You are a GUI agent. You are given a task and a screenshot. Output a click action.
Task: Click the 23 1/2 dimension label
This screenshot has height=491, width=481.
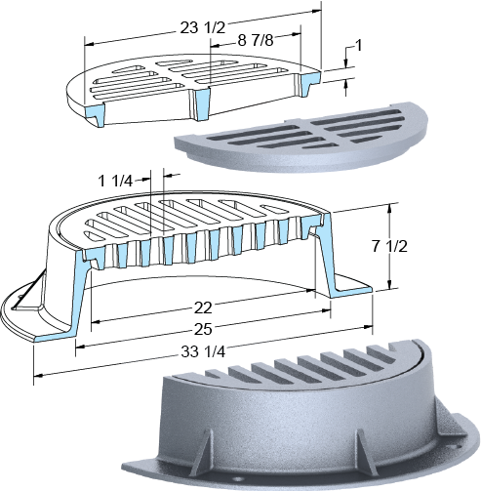pyautogui.click(x=203, y=28)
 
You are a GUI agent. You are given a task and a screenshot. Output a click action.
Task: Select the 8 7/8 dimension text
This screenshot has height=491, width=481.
pyautogui.click(x=256, y=41)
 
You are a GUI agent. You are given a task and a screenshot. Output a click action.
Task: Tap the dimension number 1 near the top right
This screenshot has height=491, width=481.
pyautogui.click(x=358, y=46)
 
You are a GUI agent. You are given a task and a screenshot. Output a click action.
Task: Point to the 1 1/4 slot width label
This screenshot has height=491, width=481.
pyautogui.click(x=115, y=181)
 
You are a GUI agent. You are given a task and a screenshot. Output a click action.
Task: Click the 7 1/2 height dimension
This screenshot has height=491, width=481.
pyautogui.click(x=389, y=246)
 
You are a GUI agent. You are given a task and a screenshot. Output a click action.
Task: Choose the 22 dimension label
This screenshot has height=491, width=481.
pyautogui.click(x=203, y=307)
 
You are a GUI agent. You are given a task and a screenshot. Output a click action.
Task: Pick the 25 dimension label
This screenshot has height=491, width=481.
pyautogui.click(x=203, y=329)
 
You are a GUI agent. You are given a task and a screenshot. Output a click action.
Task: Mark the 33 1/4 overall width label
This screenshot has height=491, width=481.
pyautogui.click(x=203, y=351)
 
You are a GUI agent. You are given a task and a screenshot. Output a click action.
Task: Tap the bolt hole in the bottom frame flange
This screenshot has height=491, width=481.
pyautogui.click(x=238, y=479)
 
